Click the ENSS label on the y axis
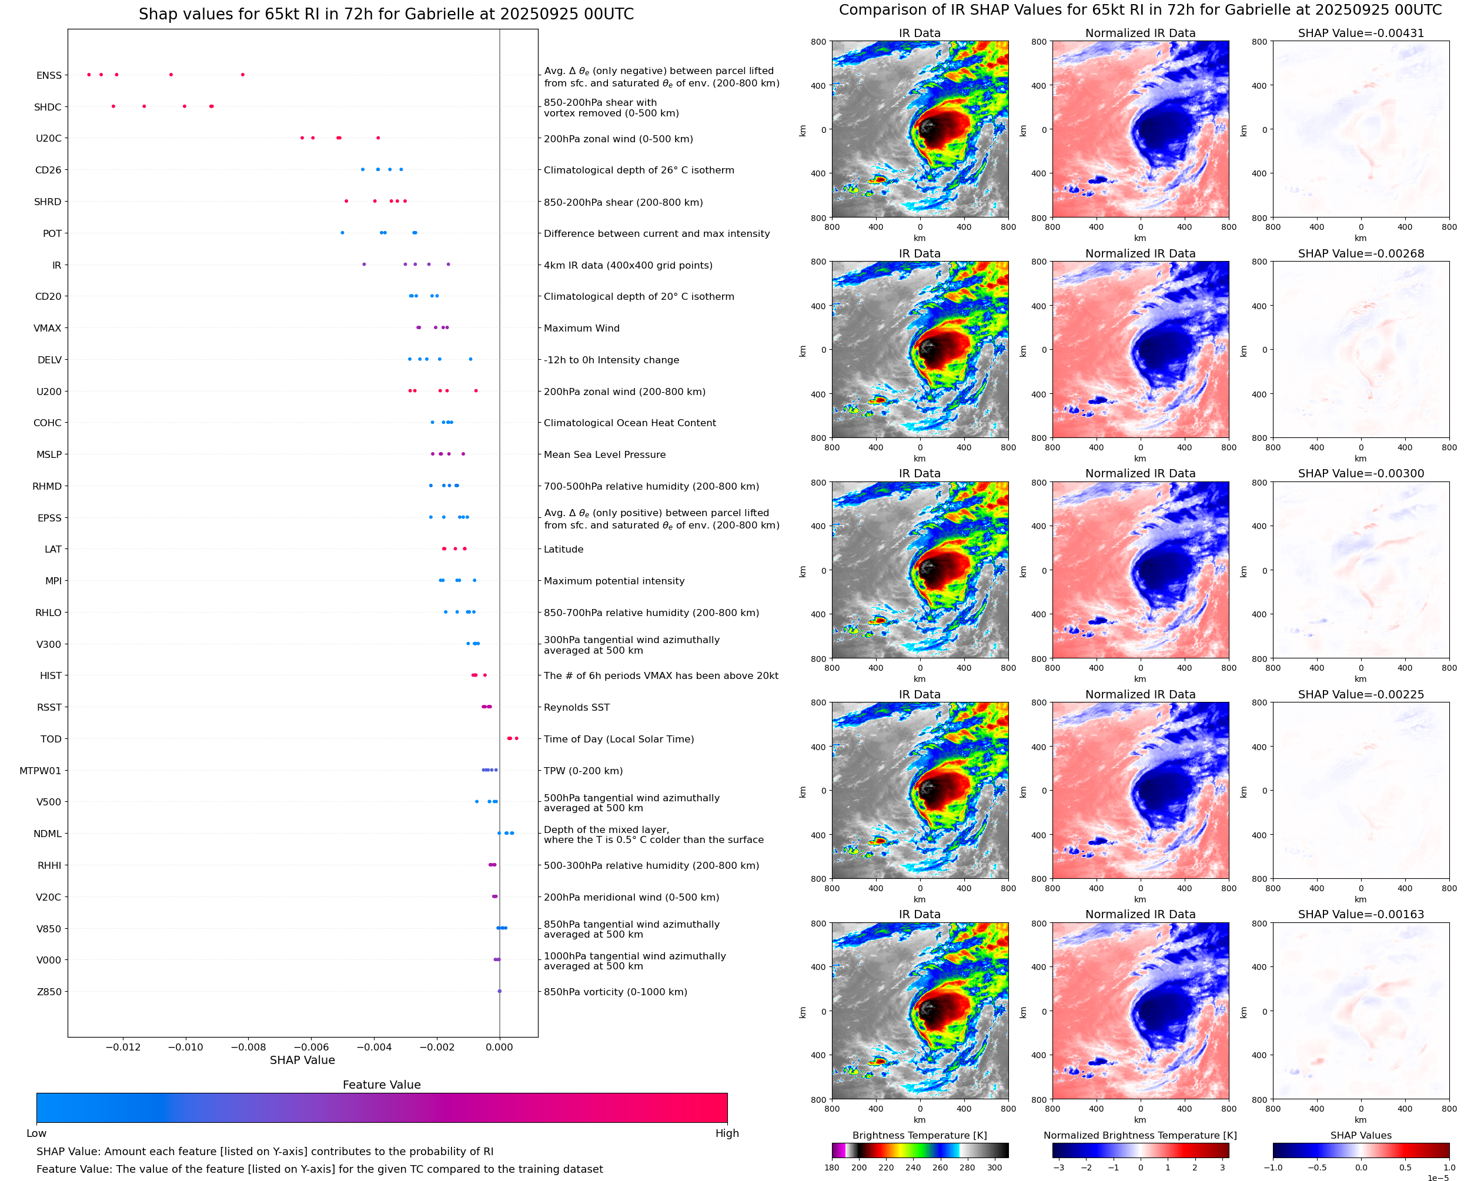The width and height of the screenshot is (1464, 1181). point(49,75)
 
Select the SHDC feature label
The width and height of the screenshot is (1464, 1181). point(48,107)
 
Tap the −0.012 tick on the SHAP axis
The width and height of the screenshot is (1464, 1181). point(123,1047)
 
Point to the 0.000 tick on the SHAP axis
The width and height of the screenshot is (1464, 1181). point(499,1047)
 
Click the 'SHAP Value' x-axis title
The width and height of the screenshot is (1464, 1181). point(302,1060)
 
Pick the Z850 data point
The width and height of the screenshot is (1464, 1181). point(499,991)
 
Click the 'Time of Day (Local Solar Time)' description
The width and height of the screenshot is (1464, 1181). point(619,739)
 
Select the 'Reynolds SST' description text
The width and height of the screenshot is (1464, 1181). point(576,708)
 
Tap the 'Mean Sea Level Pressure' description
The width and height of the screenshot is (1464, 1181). point(604,454)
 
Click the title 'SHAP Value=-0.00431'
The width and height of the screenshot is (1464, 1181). point(1361,33)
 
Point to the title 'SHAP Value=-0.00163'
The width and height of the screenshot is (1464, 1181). point(1361,914)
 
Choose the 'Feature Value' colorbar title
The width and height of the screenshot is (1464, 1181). point(382,1085)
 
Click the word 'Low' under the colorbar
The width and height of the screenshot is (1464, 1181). point(36,1133)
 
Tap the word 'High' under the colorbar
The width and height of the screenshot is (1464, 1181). point(727,1133)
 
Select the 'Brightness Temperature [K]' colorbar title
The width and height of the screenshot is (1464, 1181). point(919,1135)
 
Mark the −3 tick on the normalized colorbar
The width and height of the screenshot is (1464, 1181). point(1058,1167)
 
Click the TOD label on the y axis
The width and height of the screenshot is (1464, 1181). point(51,739)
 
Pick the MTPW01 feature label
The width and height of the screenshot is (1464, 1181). point(40,771)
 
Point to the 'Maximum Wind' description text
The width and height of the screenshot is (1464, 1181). point(581,328)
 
